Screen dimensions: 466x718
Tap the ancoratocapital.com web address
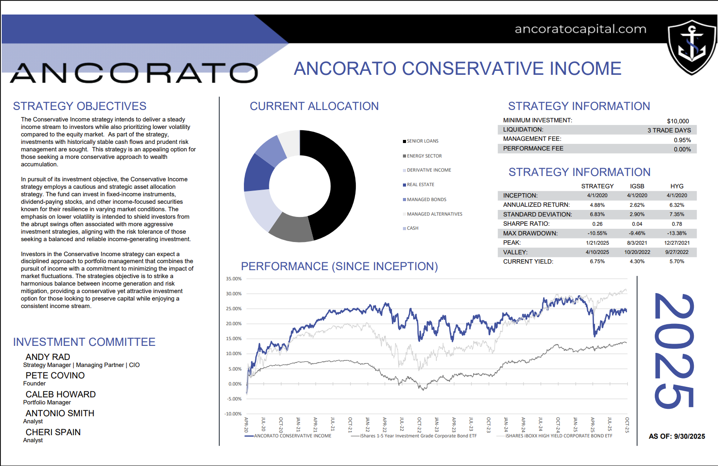coord(580,29)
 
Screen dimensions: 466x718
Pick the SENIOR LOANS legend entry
coord(422,141)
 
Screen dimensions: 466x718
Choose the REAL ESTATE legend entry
coord(420,185)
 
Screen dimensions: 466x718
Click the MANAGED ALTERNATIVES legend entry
coord(434,214)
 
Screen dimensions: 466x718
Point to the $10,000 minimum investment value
coord(678,121)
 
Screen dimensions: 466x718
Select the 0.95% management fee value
coord(682,140)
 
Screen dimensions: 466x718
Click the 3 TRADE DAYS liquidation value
coord(669,130)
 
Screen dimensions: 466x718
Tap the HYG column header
coord(677,186)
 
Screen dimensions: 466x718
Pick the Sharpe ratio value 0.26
coord(597,224)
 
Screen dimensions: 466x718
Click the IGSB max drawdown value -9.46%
coord(637,233)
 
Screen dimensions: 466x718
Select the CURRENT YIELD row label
coord(528,261)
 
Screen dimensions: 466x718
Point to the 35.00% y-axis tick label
coord(234,279)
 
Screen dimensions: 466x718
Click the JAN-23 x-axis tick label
coord(436,424)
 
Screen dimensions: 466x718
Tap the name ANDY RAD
coord(48,357)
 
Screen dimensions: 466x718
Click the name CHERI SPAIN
coord(53,432)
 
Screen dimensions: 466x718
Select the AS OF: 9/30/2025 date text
coord(677,437)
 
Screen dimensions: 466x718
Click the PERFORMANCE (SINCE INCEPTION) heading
coord(339,266)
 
